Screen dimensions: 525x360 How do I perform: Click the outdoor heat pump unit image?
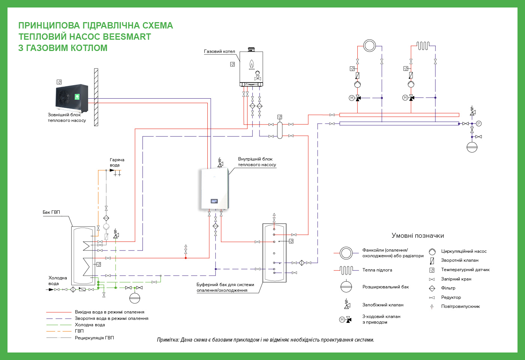tap(72, 98)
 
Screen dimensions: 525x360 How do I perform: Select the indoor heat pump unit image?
tap(214, 189)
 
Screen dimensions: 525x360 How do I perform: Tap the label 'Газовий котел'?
tap(219, 51)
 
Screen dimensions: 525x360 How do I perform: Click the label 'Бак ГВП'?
tap(51, 212)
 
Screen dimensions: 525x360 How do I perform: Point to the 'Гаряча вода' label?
tap(117, 162)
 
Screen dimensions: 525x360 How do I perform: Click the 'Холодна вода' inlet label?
tap(58, 280)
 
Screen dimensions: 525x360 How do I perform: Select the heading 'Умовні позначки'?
tap(418, 235)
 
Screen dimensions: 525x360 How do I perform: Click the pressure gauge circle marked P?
tap(479, 123)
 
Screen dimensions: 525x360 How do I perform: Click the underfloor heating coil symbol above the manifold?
tap(423, 45)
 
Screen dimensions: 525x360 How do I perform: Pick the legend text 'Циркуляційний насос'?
tap(464, 251)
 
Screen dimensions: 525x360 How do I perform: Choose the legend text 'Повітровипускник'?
tap(460, 306)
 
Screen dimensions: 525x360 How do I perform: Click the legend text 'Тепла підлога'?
tap(377, 270)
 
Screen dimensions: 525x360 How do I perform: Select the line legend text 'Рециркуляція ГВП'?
tap(94, 338)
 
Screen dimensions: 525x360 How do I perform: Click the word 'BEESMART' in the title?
tap(127, 37)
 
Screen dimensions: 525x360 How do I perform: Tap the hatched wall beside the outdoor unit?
tap(96, 97)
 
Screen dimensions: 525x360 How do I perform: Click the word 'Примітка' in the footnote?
tap(168, 340)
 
